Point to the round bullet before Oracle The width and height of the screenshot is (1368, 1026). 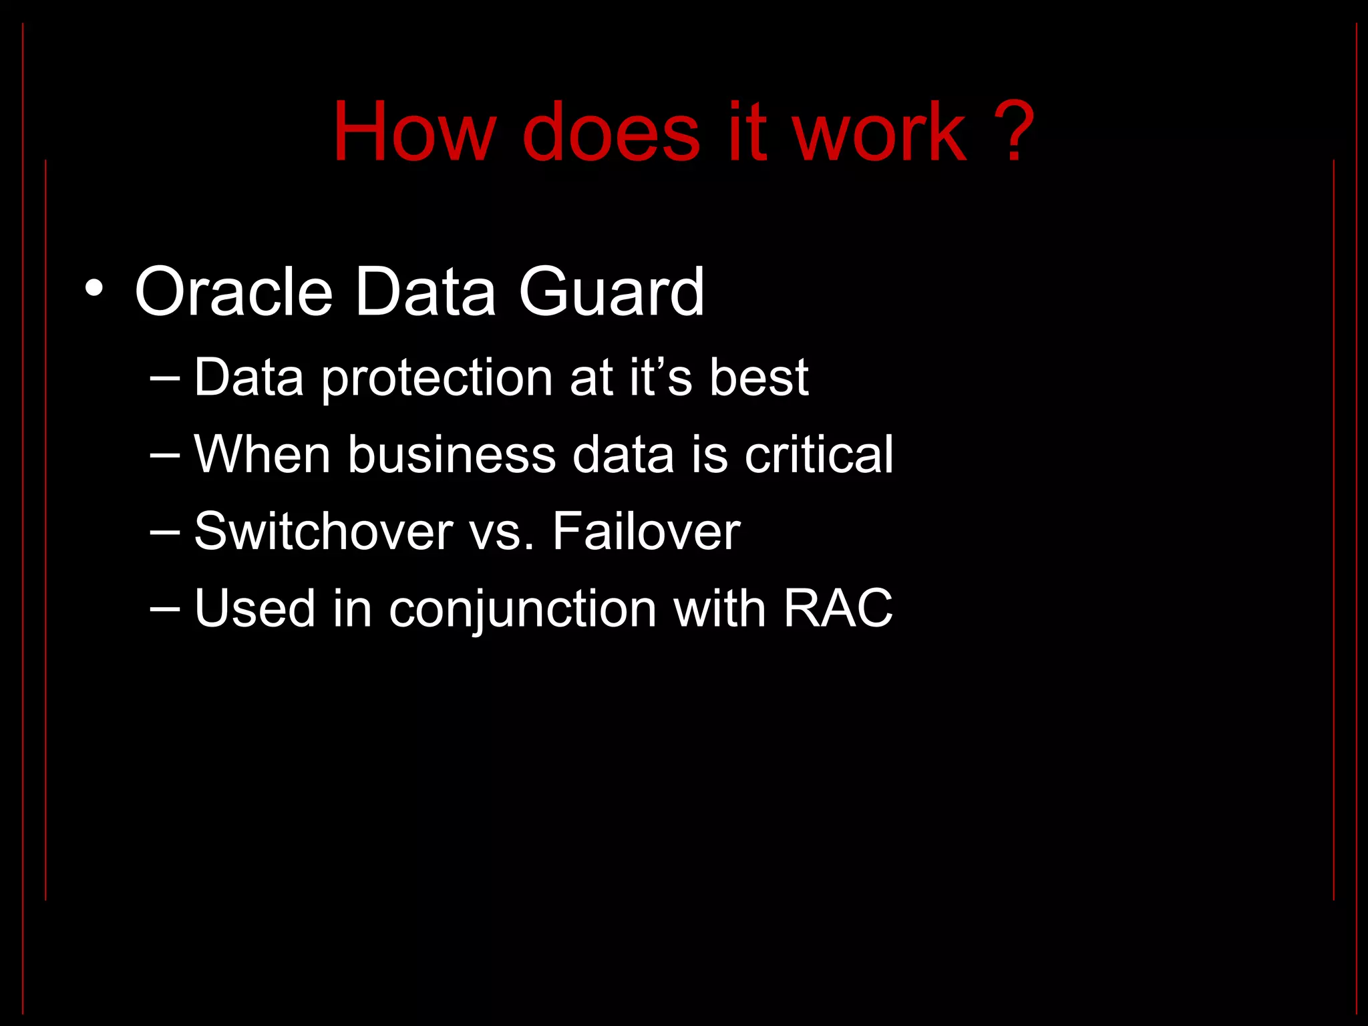click(94, 289)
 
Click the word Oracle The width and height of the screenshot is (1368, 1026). click(234, 292)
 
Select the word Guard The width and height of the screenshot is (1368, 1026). click(611, 292)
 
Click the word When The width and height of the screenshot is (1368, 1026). click(262, 455)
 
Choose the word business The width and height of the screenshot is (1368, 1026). click(452, 455)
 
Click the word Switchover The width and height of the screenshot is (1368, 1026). click(323, 532)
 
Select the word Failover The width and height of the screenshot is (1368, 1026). click(646, 532)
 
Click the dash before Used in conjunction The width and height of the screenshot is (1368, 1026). click(165, 609)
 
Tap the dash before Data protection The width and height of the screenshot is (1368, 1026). click(165, 378)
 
